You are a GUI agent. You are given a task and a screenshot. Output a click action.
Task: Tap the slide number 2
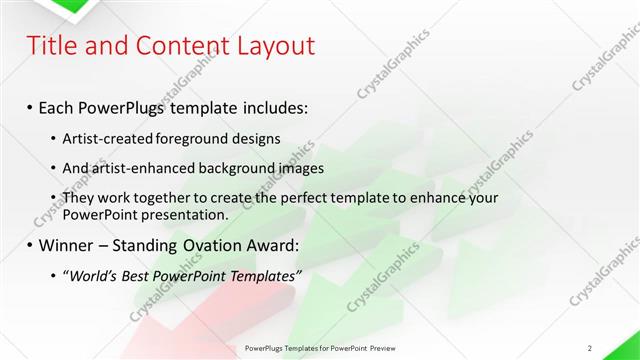pyautogui.click(x=590, y=348)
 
